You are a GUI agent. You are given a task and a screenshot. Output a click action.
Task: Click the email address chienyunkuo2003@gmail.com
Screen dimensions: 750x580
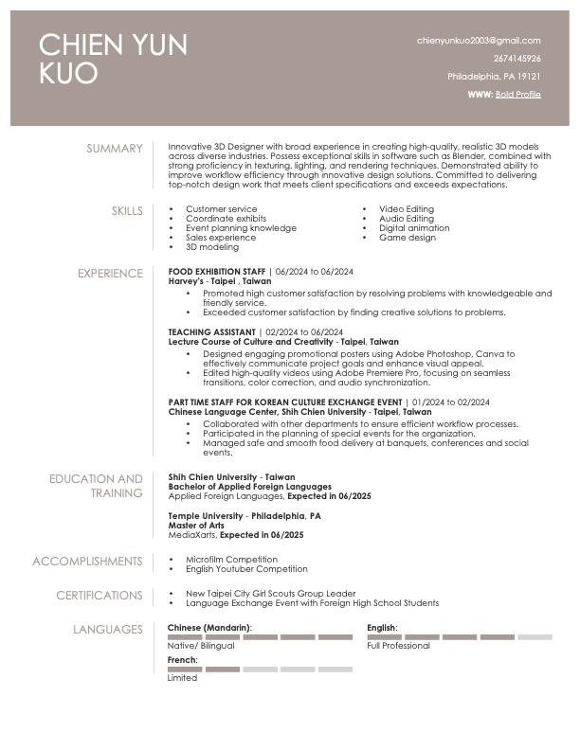(479, 41)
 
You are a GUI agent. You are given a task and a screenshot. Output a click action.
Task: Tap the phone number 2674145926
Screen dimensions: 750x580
(517, 59)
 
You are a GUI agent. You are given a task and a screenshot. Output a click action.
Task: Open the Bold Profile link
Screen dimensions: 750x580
(517, 95)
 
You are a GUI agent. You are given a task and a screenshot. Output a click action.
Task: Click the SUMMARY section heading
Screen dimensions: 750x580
(115, 149)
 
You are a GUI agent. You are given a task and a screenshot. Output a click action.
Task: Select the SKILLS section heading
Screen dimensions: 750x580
(127, 210)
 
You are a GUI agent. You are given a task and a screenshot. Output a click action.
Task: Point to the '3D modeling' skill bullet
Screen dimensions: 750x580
(212, 247)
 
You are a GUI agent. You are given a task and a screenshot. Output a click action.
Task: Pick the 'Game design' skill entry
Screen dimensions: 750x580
(408, 238)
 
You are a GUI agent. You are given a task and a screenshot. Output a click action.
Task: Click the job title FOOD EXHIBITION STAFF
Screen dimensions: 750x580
(216, 272)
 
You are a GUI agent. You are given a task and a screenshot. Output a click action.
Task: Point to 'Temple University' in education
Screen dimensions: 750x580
(205, 516)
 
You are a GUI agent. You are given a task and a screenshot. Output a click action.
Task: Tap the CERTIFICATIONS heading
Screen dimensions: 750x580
(99, 596)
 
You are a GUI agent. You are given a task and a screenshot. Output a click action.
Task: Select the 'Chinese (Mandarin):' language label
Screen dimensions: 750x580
(209, 628)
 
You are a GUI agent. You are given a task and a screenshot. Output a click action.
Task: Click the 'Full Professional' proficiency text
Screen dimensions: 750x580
(398, 646)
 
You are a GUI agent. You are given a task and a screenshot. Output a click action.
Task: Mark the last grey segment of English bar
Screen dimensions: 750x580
(535, 637)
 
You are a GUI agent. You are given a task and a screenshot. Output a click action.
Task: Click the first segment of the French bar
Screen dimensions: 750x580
(185, 670)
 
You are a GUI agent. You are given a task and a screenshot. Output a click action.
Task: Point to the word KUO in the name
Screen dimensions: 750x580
(68, 74)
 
